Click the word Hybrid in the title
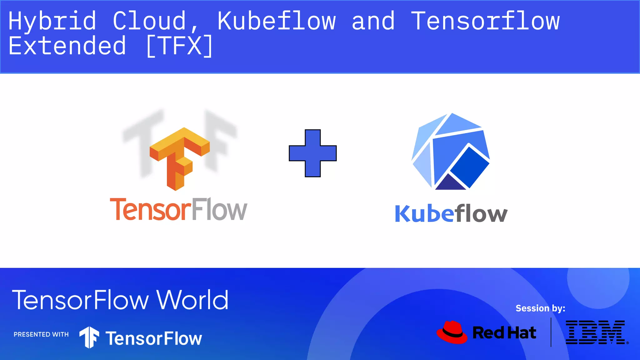tap(52, 21)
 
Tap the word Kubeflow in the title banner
tap(277, 21)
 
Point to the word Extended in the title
tap(67, 46)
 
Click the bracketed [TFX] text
tap(179, 46)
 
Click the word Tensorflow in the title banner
tap(485, 21)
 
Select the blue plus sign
tap(312, 153)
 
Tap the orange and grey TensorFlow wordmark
tap(178, 209)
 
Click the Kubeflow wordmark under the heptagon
tap(451, 214)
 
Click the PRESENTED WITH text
tap(41, 334)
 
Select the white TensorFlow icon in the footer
tap(89, 337)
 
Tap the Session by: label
tap(540, 308)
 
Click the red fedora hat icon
tap(452, 332)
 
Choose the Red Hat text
tap(504, 332)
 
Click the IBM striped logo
tap(596, 332)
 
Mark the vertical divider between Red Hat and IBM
tap(551, 332)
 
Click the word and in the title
tap(373, 21)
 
